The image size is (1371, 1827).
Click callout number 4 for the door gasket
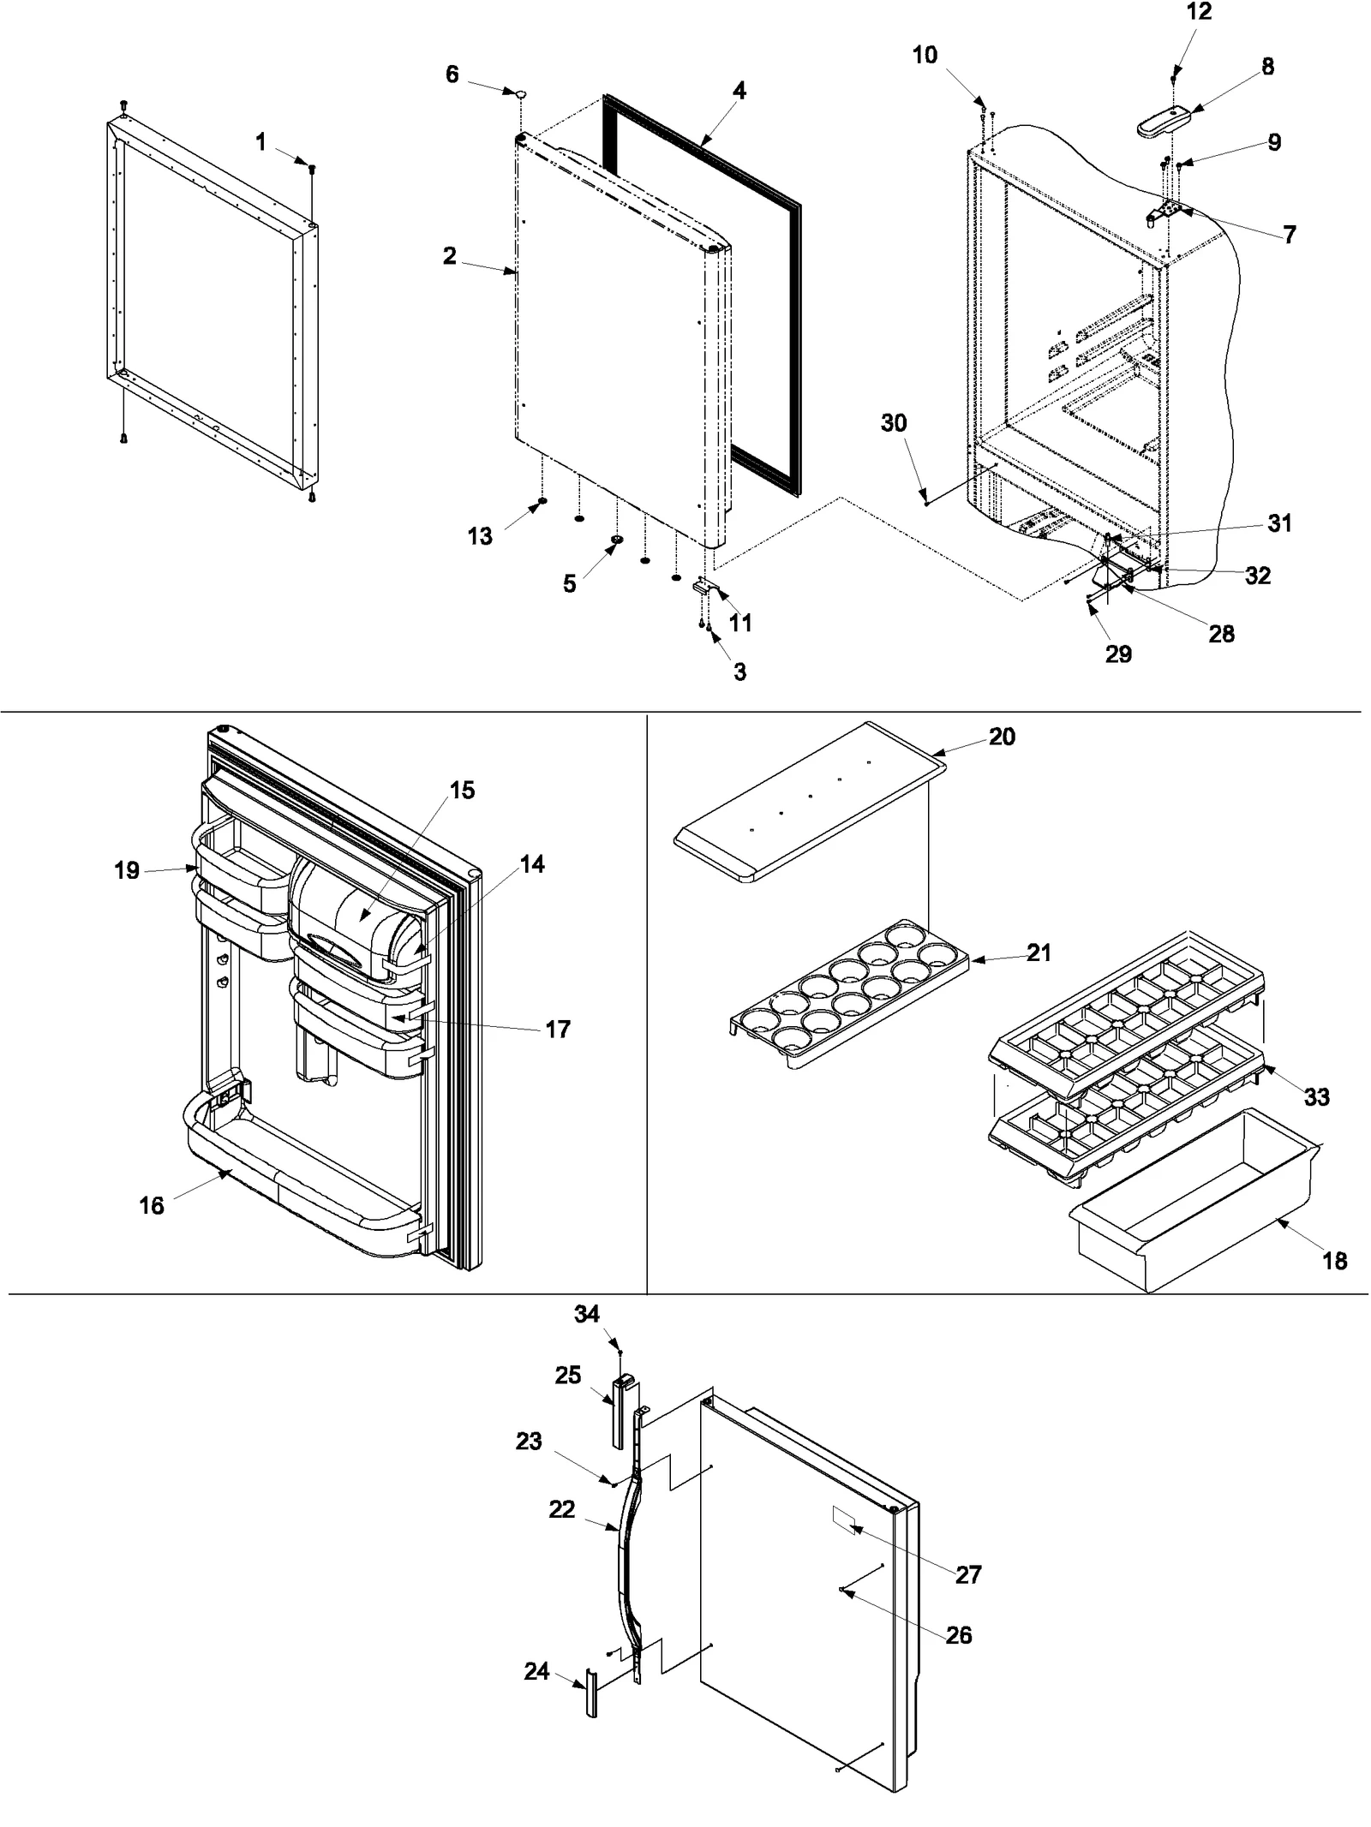pyautogui.click(x=739, y=90)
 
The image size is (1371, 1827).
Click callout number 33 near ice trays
pyautogui.click(x=1316, y=1096)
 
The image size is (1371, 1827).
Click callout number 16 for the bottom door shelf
pyautogui.click(x=152, y=1205)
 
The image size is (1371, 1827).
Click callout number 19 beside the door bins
pyautogui.click(x=127, y=870)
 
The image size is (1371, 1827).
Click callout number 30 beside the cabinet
pyautogui.click(x=894, y=423)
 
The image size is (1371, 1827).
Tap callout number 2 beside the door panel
pyautogui.click(x=449, y=255)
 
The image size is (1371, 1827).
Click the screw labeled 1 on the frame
pyautogui.click(x=312, y=169)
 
